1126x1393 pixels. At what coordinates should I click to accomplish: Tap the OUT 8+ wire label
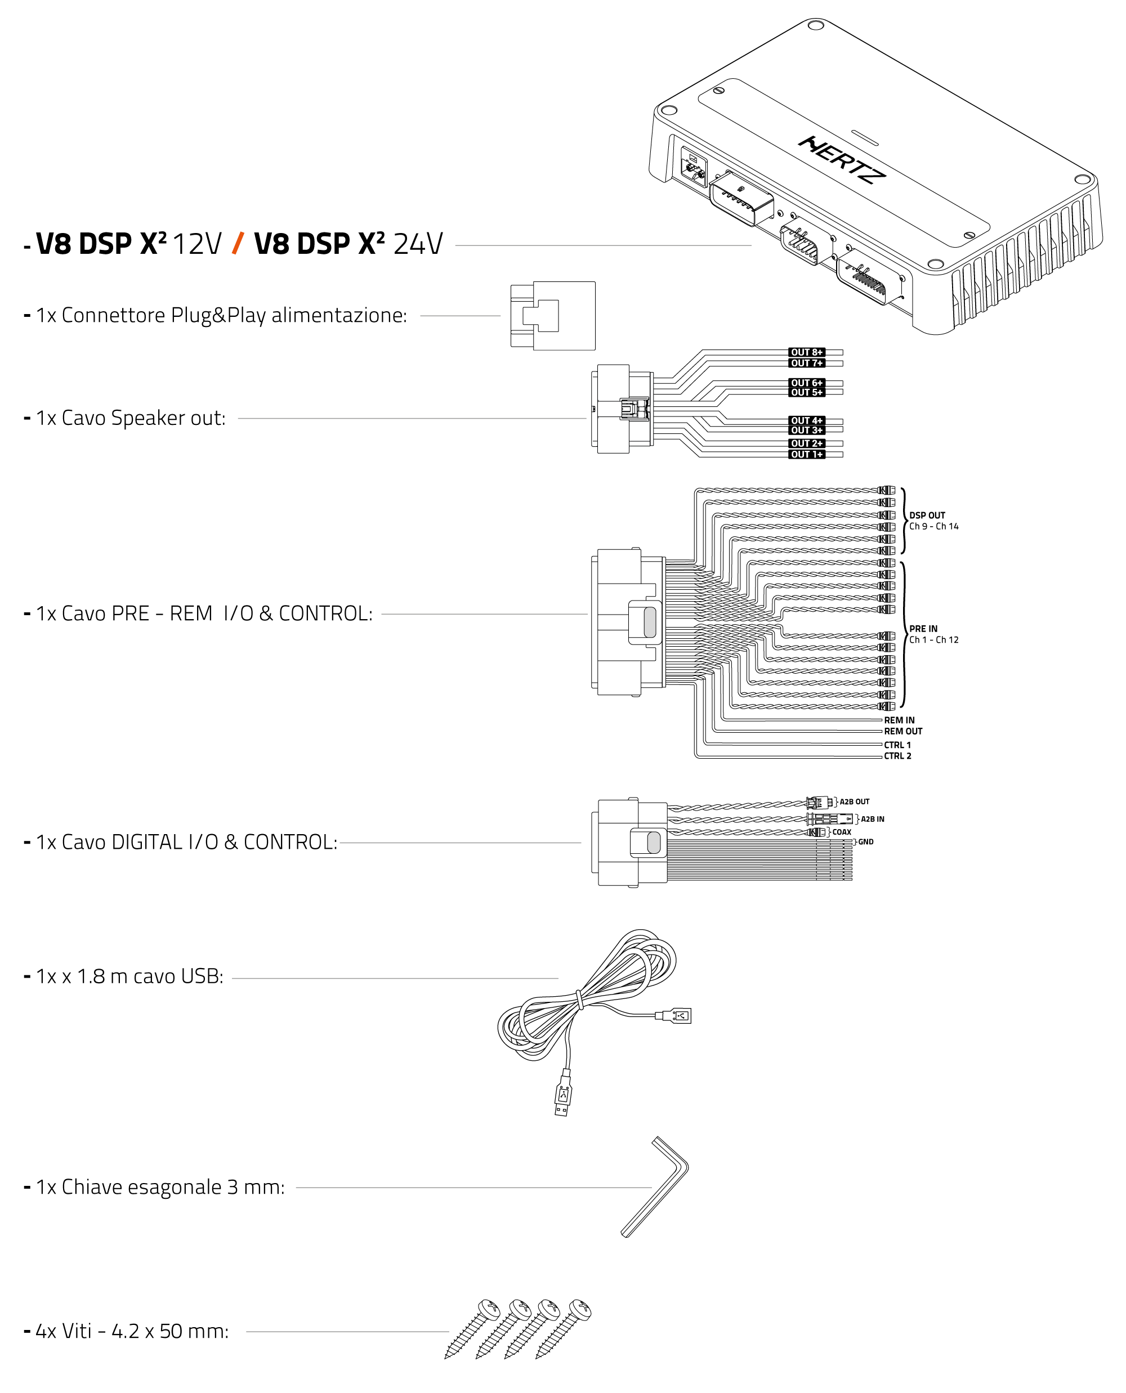coord(806,352)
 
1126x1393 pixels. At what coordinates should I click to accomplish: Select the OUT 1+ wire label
coord(806,454)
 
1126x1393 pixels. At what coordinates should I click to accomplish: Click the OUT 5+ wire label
coord(806,392)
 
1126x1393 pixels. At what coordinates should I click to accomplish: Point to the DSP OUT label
coord(927,515)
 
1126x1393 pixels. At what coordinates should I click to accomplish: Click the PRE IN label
coord(923,629)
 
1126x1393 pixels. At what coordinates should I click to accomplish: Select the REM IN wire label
coord(899,720)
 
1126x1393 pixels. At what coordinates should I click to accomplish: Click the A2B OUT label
coord(854,801)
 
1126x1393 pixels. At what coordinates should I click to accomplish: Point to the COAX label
coord(841,832)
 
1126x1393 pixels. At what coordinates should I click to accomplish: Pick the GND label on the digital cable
coord(865,842)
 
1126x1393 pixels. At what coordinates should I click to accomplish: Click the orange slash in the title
coord(238,243)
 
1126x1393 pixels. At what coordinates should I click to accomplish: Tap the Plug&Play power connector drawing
coord(553,316)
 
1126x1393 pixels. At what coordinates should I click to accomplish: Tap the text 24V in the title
coord(418,244)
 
